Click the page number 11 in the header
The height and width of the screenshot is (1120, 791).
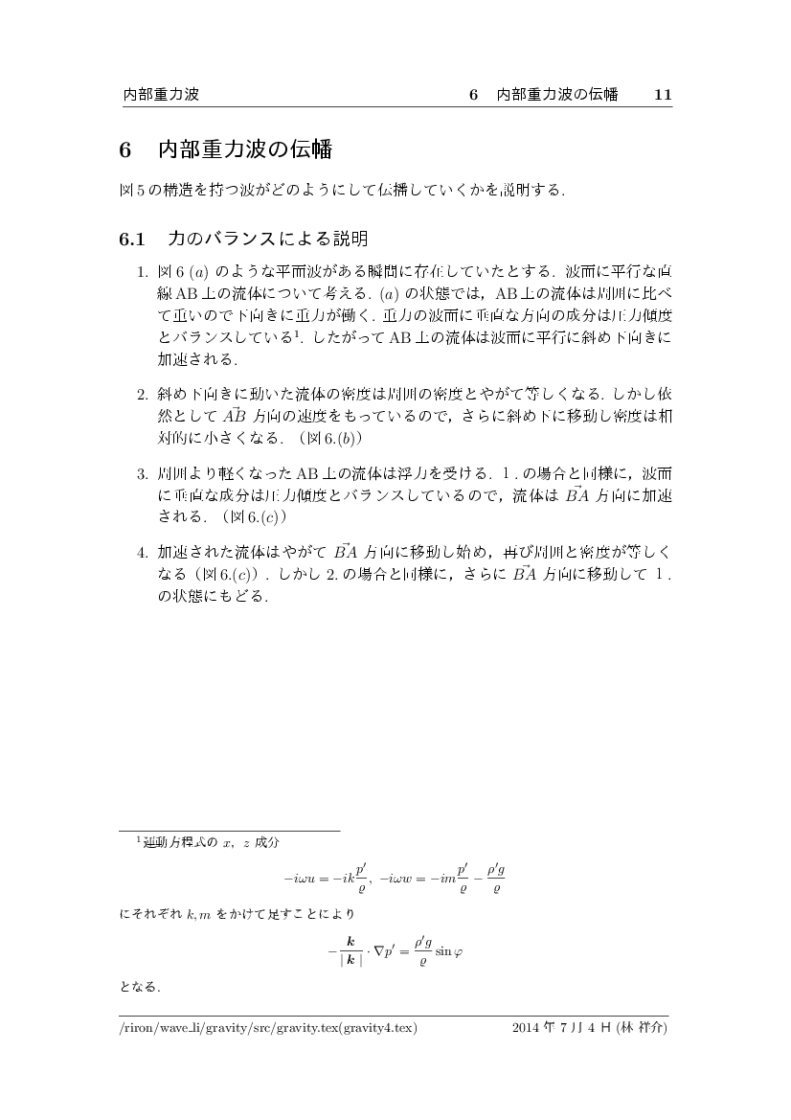click(x=663, y=95)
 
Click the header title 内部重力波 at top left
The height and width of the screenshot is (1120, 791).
click(x=160, y=95)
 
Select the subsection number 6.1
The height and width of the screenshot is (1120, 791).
click(x=131, y=237)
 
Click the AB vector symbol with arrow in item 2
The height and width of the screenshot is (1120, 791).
click(x=234, y=415)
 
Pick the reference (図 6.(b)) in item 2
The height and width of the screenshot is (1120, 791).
click(x=328, y=437)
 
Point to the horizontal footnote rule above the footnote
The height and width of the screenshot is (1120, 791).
click(x=229, y=830)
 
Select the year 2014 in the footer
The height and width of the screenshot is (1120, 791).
click(x=528, y=1030)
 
